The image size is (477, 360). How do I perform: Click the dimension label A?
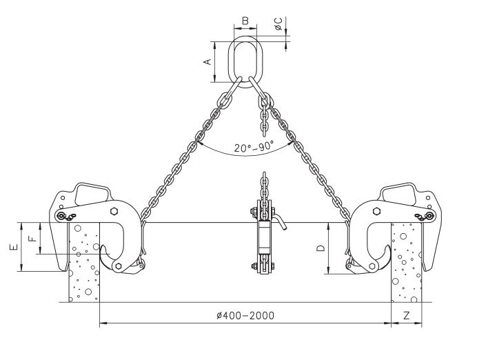[207, 62]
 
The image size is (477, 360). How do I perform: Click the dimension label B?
[245, 21]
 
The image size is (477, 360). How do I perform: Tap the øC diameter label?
[278, 24]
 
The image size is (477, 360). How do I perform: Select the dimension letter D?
[321, 248]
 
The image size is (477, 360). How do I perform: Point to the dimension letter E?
[14, 247]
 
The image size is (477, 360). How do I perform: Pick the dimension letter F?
[32, 237]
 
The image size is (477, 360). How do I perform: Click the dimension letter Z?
[407, 315]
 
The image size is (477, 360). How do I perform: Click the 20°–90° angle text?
[254, 147]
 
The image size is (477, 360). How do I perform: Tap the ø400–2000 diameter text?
[245, 316]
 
